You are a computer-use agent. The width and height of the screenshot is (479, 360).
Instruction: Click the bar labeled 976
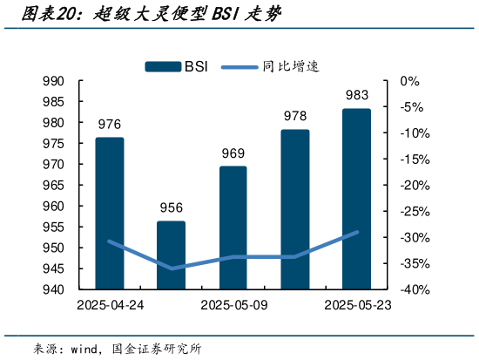click(x=110, y=214)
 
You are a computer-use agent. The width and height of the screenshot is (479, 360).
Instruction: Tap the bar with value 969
click(x=233, y=228)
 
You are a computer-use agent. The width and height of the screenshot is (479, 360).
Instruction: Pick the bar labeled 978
click(x=294, y=209)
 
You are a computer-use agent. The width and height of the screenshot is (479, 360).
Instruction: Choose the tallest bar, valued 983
click(x=356, y=199)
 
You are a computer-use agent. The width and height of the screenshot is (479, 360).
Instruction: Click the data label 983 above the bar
click(x=356, y=96)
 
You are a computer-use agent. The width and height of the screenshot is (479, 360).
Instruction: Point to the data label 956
click(x=171, y=207)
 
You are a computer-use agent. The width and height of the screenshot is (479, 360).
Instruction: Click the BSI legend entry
click(x=175, y=65)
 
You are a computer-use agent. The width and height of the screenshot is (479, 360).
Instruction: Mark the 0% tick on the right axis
click(x=409, y=81)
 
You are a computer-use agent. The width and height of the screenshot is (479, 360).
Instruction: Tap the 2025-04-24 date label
click(x=110, y=305)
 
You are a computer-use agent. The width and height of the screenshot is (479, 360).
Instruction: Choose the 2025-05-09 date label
click(x=233, y=305)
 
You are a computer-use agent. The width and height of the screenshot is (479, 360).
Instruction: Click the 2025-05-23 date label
click(x=356, y=305)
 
